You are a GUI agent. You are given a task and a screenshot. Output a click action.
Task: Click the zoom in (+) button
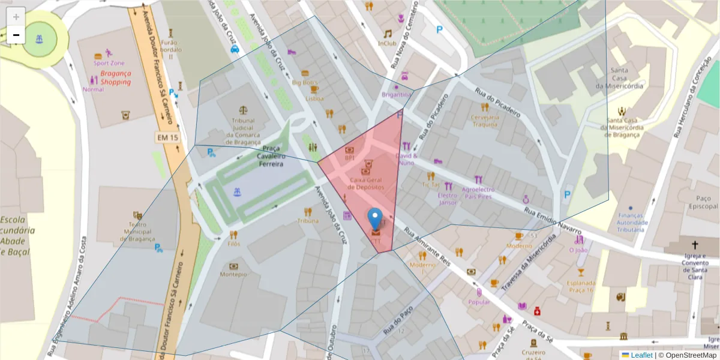click(x=16, y=16)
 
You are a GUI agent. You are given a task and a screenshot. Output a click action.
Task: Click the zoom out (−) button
click(x=16, y=35)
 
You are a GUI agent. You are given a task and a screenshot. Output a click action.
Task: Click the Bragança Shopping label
click(x=116, y=77)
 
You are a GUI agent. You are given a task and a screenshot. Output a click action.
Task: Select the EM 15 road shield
click(x=167, y=137)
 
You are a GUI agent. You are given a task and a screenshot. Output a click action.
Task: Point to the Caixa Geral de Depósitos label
click(x=367, y=183)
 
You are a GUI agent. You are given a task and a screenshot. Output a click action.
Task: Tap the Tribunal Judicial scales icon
click(x=243, y=110)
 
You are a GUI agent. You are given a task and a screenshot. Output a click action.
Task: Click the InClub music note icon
click(x=388, y=34)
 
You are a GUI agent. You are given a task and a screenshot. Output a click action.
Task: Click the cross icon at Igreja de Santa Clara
click(x=695, y=245)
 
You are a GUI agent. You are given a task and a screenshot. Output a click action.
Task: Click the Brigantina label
click(x=397, y=95)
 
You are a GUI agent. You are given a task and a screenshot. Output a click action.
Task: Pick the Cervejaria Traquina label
click(x=485, y=121)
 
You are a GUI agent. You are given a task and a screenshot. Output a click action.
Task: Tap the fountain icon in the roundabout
click(x=40, y=40)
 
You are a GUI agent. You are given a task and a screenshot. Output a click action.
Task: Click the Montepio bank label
click(x=233, y=274)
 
